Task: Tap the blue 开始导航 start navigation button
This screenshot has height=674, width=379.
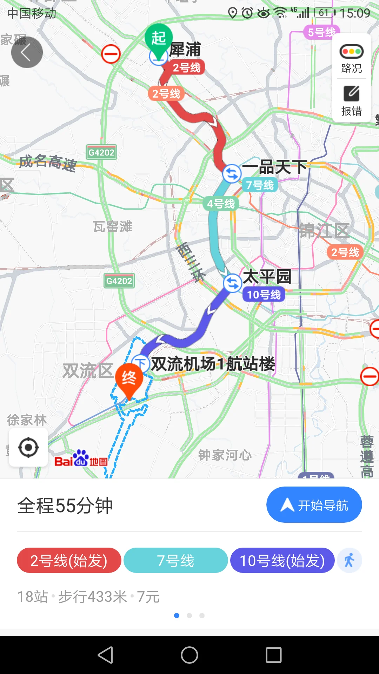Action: tap(314, 505)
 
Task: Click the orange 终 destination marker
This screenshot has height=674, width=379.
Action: tap(129, 378)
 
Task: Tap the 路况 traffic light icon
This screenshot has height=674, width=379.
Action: tap(351, 52)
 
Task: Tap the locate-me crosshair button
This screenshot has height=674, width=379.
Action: tap(28, 448)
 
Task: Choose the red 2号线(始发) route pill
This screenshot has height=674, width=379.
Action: tap(69, 561)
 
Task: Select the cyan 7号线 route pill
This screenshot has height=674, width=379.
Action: tap(175, 561)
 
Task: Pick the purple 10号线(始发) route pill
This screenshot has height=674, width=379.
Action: tap(282, 561)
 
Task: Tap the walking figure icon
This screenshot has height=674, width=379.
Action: tap(349, 561)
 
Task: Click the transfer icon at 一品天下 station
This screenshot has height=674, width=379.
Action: tap(232, 173)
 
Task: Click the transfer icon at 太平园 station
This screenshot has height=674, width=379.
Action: tap(232, 283)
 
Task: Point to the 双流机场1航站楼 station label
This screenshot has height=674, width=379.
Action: tap(213, 364)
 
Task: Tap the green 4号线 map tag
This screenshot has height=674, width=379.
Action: tap(221, 204)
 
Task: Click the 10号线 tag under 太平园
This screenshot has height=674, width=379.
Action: tap(264, 295)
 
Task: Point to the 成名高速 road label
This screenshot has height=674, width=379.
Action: tap(48, 163)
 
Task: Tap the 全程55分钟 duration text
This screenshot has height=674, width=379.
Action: tap(65, 506)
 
